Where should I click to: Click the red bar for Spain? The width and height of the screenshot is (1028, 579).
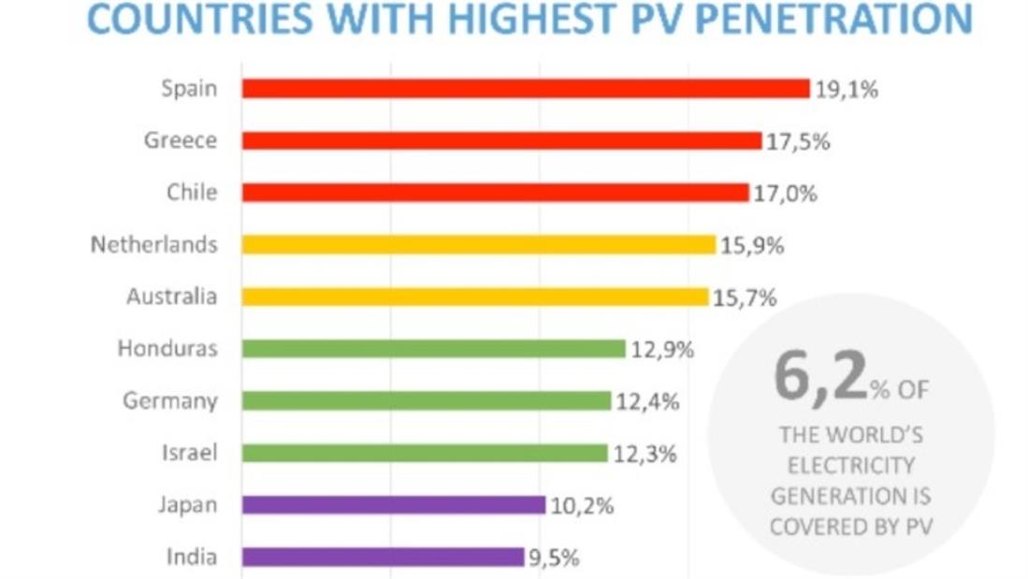525,89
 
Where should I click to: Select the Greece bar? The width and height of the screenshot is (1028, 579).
501,140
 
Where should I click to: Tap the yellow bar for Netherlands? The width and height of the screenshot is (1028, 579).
478,244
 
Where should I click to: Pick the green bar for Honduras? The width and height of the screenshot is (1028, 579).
433,349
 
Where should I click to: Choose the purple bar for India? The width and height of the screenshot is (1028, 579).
383,557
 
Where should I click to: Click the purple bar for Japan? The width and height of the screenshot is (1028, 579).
393,505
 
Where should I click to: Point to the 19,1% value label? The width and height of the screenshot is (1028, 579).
846,90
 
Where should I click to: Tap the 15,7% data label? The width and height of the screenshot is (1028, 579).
745,297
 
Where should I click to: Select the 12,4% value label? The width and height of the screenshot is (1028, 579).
646,402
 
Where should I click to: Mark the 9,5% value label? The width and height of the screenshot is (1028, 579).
554,558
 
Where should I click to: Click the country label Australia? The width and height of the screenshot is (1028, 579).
172,297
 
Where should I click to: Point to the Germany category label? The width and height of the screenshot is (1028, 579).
170,401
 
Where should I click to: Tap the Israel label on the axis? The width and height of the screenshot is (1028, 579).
189,454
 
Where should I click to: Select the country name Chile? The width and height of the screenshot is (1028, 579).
192,193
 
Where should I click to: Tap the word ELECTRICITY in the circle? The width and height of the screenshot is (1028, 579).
850,465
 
